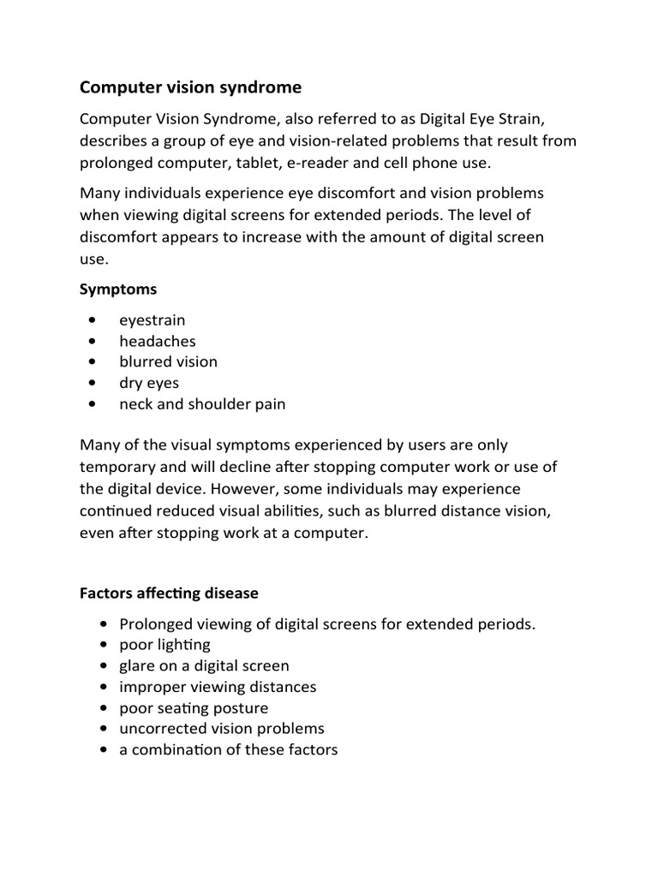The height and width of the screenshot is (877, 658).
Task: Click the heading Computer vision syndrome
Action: point(190,87)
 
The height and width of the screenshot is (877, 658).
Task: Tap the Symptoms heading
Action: point(118,289)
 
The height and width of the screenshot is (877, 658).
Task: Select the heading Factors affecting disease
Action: point(169,593)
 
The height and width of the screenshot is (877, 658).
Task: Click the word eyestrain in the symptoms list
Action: point(153,320)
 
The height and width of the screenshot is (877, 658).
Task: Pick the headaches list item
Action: point(158,341)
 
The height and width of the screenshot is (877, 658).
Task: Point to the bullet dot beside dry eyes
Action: point(91,383)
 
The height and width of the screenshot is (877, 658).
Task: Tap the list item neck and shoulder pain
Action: point(202,404)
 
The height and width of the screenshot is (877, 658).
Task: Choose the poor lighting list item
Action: point(164,645)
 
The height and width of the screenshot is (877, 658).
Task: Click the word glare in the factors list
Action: point(137,665)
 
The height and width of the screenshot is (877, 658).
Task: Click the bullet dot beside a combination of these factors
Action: point(104,750)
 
